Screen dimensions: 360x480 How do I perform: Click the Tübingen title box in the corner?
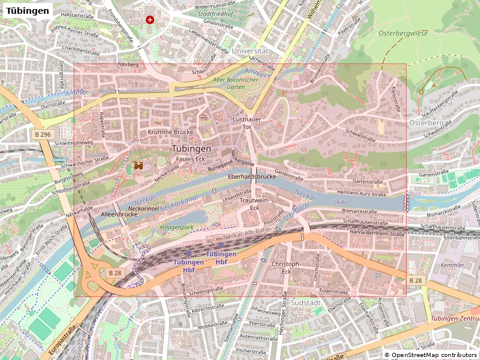(27, 11)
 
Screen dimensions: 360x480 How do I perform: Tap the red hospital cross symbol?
(149, 20)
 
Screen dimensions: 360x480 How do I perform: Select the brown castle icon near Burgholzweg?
(139, 165)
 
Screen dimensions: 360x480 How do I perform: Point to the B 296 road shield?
(43, 135)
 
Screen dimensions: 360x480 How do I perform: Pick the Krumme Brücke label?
(164, 131)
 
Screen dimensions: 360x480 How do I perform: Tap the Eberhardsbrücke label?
(251, 177)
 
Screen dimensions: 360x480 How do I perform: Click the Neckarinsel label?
(143, 208)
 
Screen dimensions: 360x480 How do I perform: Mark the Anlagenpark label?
(176, 227)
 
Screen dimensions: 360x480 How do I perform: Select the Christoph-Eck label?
(285, 268)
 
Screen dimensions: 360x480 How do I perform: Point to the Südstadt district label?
(306, 303)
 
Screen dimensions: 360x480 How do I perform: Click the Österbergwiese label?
(403, 34)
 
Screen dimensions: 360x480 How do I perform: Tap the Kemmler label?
(452, 265)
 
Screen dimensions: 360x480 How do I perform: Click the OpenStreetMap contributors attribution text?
(430, 355)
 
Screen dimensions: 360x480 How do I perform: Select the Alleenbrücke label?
(119, 214)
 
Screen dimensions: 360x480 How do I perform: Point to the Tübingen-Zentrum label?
(454, 318)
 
